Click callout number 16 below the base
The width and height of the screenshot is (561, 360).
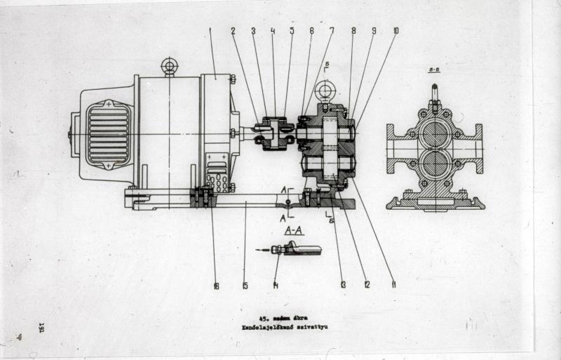point(216,286)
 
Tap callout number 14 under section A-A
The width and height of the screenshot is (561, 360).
point(276,286)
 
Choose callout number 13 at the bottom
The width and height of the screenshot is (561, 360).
point(343,285)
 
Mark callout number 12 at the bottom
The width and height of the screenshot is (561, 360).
point(367,285)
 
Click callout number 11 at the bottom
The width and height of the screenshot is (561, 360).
point(393,285)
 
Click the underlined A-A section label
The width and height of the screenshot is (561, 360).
point(295,229)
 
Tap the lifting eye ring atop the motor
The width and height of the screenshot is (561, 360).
point(168,67)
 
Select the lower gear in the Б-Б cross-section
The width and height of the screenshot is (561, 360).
point(435,164)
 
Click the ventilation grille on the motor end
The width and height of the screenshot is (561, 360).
point(108,134)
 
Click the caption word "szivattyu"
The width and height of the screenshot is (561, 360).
point(306,328)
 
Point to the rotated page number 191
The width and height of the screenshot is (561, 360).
point(41,328)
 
